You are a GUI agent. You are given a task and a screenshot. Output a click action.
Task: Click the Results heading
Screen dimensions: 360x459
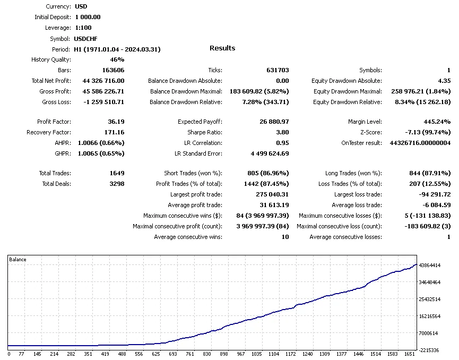[x=222, y=48]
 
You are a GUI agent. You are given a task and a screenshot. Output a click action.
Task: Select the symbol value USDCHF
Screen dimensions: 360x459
[x=86, y=38]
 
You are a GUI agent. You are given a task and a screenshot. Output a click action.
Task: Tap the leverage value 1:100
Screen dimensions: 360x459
[x=84, y=28]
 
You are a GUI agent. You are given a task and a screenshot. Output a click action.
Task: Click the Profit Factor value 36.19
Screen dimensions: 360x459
[x=116, y=122]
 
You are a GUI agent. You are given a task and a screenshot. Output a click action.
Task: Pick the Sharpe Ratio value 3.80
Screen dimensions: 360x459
[x=282, y=132]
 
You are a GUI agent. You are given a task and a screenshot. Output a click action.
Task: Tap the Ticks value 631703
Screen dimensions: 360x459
[x=278, y=70]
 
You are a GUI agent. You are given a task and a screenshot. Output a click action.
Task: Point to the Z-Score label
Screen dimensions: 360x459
[x=369, y=132]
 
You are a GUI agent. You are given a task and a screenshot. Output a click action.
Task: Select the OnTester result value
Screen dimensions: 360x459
[x=420, y=143]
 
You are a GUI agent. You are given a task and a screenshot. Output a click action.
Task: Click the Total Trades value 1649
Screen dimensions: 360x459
[x=116, y=173]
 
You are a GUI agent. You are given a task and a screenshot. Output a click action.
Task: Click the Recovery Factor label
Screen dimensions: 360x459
[x=49, y=132]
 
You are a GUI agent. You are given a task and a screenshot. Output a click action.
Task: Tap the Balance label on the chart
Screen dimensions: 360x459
[x=18, y=260]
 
